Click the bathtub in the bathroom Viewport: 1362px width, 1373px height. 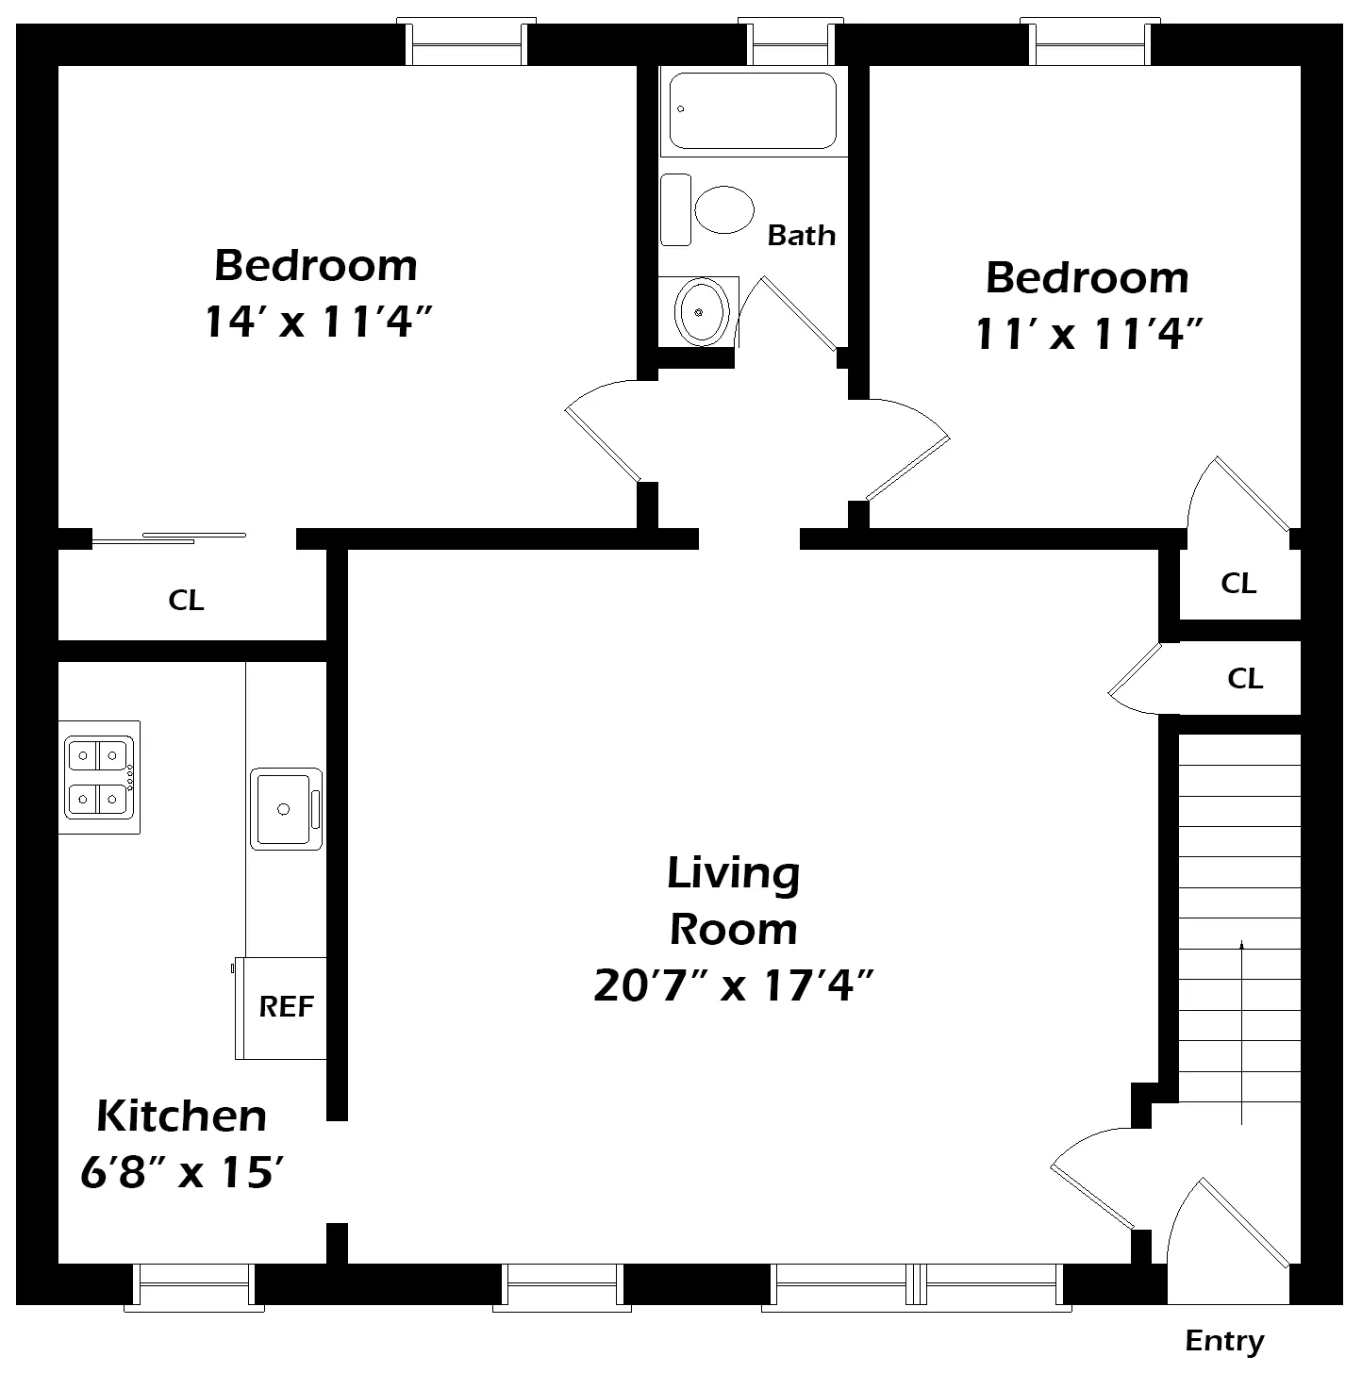click(x=753, y=110)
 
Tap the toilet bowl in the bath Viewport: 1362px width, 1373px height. click(x=724, y=209)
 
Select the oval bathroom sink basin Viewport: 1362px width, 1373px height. click(x=702, y=312)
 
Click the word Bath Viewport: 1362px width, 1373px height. click(x=801, y=235)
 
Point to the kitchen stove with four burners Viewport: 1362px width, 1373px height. click(x=99, y=777)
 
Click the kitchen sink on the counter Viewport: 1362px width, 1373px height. click(x=286, y=809)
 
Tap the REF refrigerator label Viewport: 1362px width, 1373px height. click(x=287, y=1006)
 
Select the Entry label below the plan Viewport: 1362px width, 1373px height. click(x=1224, y=1341)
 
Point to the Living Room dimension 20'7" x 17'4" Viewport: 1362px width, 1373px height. click(x=734, y=985)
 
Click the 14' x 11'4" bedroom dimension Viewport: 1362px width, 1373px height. click(x=319, y=321)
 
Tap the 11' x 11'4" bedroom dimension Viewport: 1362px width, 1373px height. click(x=1089, y=333)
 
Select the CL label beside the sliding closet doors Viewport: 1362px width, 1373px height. click(x=186, y=600)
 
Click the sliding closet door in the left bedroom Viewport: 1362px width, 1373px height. click(x=170, y=538)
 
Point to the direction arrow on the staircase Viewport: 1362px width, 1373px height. click(x=1241, y=1033)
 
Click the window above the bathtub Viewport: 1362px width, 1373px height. click(x=791, y=41)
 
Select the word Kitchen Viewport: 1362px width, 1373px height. click(x=182, y=1116)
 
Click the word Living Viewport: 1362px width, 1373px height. click(x=734, y=874)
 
